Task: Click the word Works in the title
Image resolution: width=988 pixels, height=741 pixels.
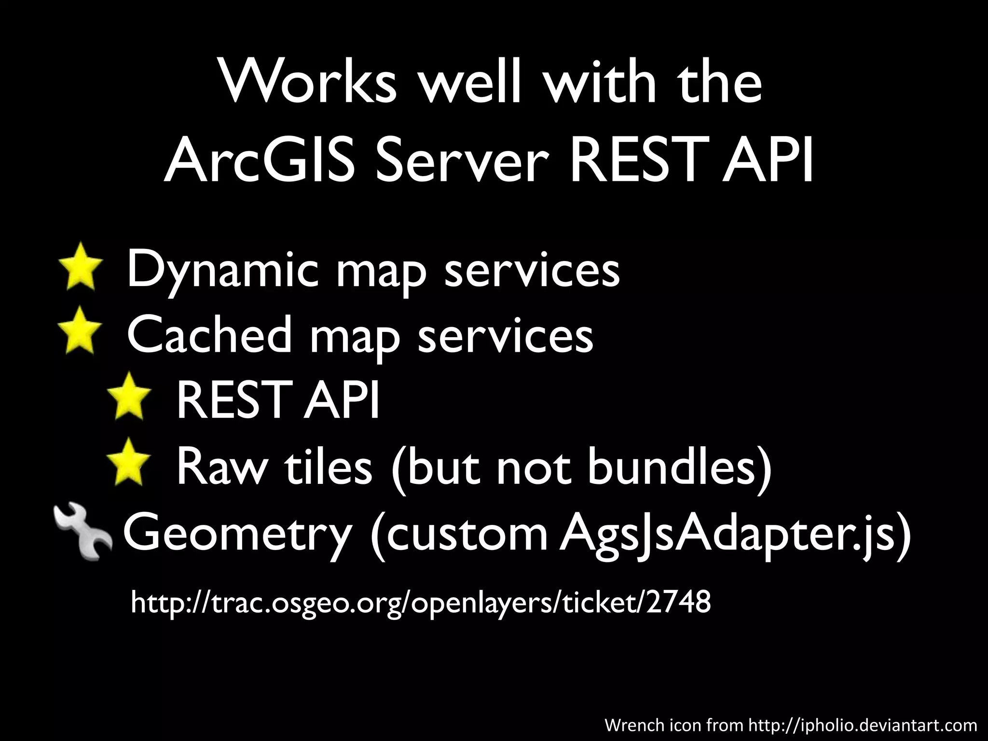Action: (309, 82)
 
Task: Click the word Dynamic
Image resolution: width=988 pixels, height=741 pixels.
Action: (222, 270)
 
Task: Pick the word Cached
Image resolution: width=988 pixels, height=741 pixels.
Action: (209, 334)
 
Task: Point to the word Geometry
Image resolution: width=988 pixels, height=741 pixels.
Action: (237, 534)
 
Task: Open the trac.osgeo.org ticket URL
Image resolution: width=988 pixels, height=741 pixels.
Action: (420, 603)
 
